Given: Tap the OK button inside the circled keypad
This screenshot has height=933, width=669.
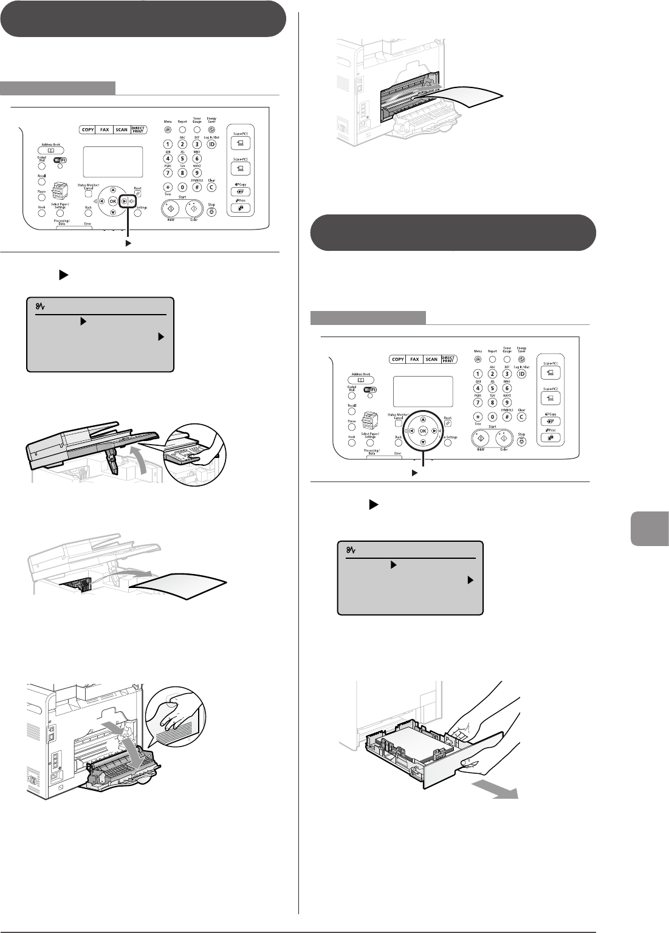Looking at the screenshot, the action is click(422, 431).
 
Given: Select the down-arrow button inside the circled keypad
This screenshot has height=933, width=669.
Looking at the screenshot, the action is click(422, 442).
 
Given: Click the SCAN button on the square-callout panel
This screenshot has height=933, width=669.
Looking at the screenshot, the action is click(122, 130).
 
